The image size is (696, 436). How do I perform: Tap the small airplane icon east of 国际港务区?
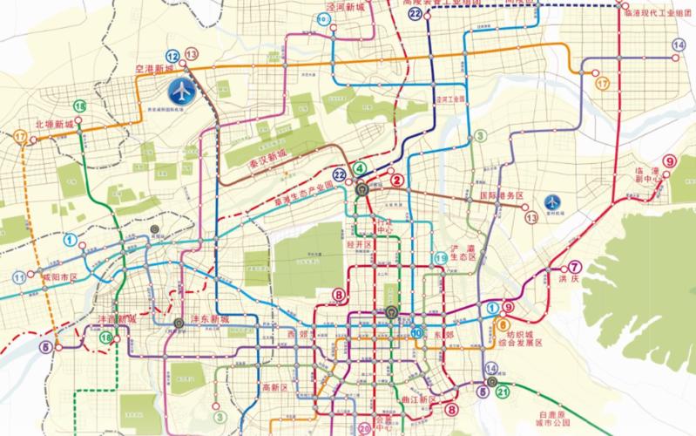[551, 201]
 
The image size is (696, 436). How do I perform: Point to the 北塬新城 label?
[54, 125]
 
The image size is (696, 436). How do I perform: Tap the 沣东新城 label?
[211, 320]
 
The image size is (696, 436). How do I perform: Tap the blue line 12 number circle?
[173, 55]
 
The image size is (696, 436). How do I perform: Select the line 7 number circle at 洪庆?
[574, 268]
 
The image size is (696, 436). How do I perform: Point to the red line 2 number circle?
[397, 181]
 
